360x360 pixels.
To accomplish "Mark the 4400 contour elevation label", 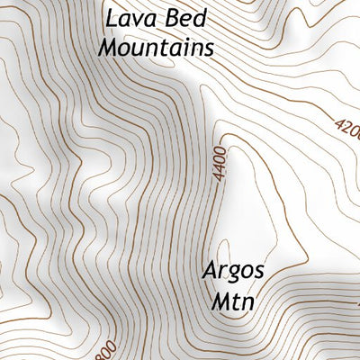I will coord(221,163).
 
